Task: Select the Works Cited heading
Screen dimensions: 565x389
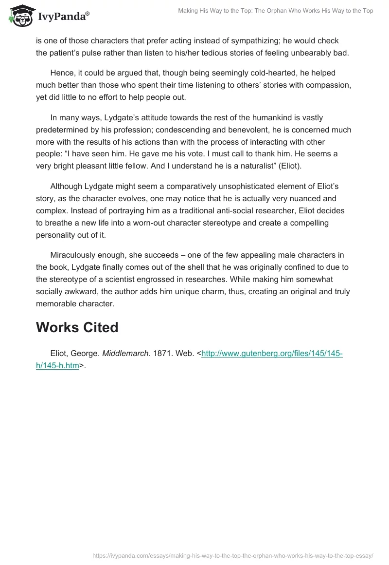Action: pos(77,327)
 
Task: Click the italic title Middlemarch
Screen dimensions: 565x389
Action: pos(125,354)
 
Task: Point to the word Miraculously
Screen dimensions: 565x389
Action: pos(76,255)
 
